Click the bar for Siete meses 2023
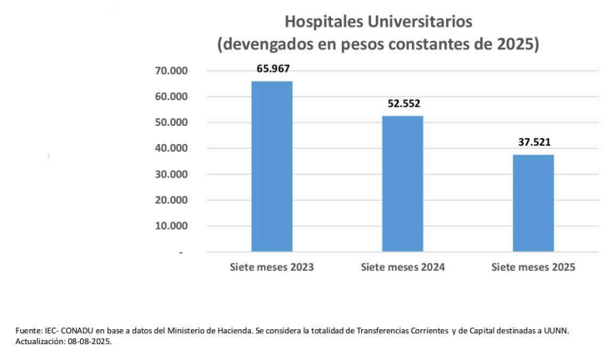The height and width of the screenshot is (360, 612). click(272, 166)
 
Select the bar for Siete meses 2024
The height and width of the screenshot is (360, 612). click(403, 183)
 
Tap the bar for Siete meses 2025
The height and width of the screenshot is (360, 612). click(534, 202)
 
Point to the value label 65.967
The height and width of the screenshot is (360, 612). click(272, 68)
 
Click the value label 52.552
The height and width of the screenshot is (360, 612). click(404, 103)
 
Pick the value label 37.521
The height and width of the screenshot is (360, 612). click(534, 142)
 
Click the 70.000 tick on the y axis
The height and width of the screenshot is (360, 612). click(173, 71)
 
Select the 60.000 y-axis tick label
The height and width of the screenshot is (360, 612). click(173, 97)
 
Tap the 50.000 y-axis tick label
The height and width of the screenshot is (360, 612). click(173, 122)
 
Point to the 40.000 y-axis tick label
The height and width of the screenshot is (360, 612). click(173, 148)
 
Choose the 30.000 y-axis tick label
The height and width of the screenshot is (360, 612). click(173, 174)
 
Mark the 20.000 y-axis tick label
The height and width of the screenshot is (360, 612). click(173, 200)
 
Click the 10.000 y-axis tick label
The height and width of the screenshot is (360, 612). click(173, 226)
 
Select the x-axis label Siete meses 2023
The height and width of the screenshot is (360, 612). click(272, 267)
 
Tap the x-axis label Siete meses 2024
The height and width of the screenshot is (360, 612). click(403, 267)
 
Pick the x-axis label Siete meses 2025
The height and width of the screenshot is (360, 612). click(534, 267)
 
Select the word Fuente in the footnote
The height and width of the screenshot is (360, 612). click(31, 331)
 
